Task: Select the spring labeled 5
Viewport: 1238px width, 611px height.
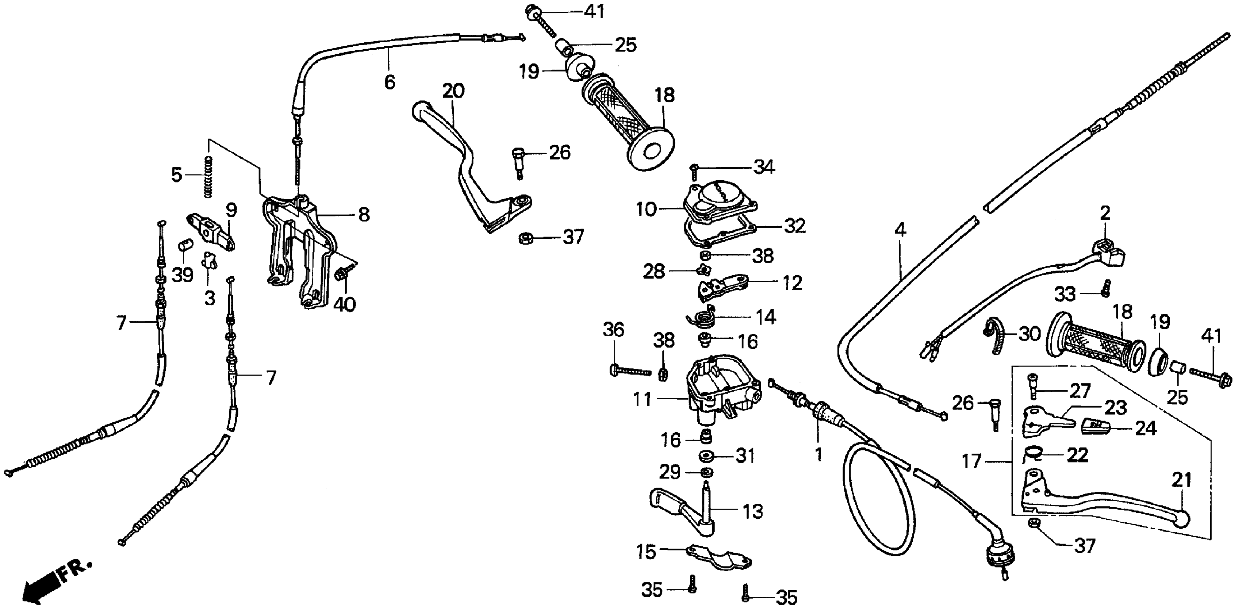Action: pyautogui.click(x=208, y=176)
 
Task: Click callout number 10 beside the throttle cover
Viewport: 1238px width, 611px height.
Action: pyautogui.click(x=646, y=210)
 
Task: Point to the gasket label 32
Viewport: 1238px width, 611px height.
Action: pyautogui.click(x=794, y=225)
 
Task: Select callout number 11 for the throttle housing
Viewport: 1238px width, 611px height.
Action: pyautogui.click(x=642, y=399)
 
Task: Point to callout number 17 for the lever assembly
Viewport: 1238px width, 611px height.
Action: pyautogui.click(x=971, y=461)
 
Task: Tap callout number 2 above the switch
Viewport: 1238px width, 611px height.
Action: pyautogui.click(x=1105, y=213)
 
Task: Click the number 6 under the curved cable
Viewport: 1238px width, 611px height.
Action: pyautogui.click(x=390, y=82)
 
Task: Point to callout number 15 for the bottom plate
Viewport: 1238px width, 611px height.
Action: pyautogui.click(x=646, y=552)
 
